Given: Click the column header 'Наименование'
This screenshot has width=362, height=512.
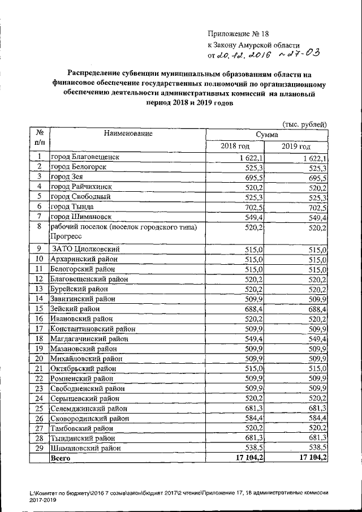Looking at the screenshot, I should click(x=128, y=134).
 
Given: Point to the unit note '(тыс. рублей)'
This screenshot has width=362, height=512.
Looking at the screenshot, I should click(x=304, y=124).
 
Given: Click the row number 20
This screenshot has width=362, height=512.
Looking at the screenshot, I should click(x=40, y=358).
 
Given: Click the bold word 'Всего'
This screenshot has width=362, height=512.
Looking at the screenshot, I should click(x=61, y=458).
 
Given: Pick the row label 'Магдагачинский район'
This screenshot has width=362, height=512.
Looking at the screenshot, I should click(x=88, y=338).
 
